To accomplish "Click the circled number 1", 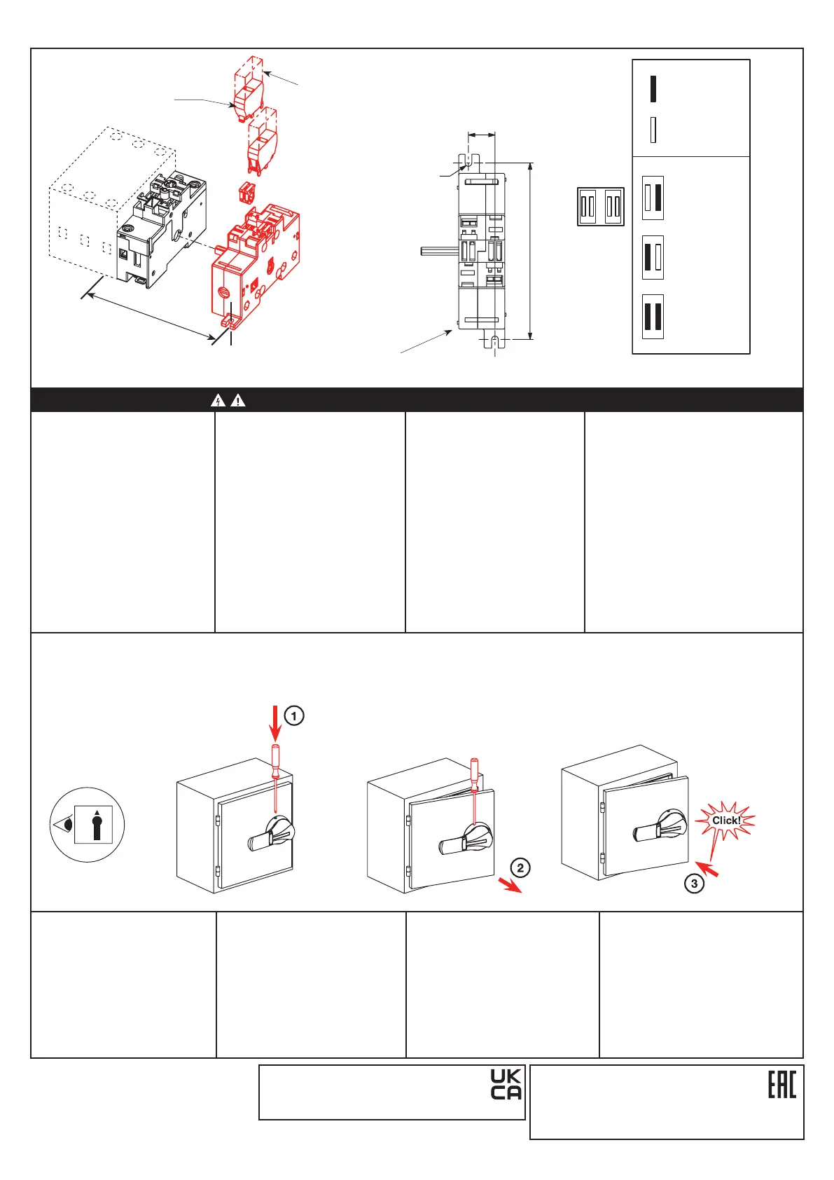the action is coord(294,716).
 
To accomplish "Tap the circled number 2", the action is coord(520,867).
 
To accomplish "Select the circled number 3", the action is coord(694,884).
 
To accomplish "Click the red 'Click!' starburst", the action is coord(725,821).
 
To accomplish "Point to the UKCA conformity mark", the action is coord(506,1085).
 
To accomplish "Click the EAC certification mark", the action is coord(782,1085).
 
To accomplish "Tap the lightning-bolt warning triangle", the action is coord(218,401).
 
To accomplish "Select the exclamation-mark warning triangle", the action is coord(238,401).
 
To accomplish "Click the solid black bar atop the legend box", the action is coord(653,88).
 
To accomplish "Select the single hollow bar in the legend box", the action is coord(653,130).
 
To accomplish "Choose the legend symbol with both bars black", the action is coord(653,317).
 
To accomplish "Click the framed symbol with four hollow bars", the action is coord(601,207).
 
